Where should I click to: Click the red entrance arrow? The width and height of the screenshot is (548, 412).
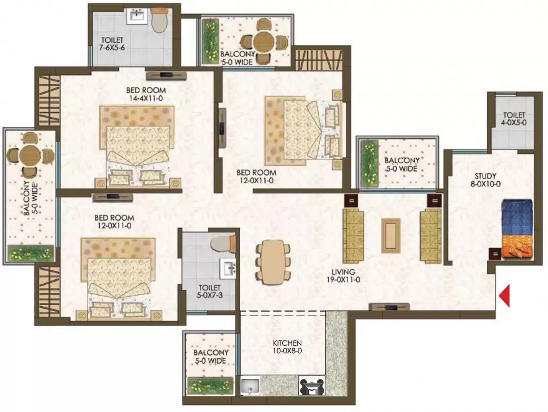tap(504, 296)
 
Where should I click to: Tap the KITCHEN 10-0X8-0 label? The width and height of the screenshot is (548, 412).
tap(287, 347)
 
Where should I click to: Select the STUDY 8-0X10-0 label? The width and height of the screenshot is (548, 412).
tap(485, 180)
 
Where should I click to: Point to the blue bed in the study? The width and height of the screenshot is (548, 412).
tap(517, 229)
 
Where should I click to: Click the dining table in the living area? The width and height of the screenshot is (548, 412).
tap(273, 262)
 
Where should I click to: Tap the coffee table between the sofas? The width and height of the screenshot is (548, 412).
tap(391, 235)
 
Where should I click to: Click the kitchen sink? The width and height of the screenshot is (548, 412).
tap(250, 386)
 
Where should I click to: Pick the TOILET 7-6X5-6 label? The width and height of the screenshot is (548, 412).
tap(112, 44)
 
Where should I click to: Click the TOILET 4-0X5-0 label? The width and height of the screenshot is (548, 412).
tap(514, 119)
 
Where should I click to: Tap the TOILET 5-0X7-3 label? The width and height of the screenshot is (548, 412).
tap(210, 291)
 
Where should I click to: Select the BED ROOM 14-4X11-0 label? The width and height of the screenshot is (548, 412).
tap(146, 94)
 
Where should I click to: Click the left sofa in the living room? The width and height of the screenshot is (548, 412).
tap(353, 236)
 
